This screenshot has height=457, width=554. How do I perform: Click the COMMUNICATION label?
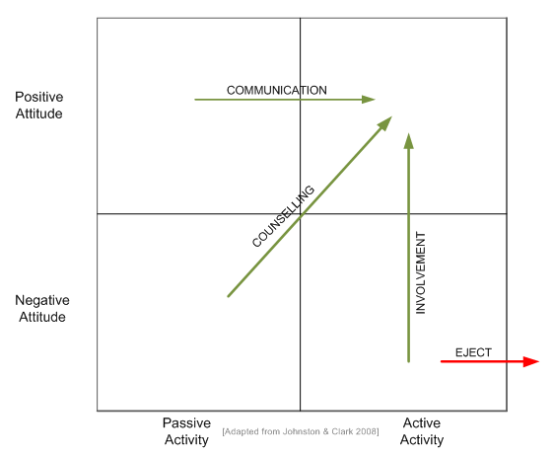coord(277,90)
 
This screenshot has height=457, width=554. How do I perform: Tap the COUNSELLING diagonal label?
coord(283,216)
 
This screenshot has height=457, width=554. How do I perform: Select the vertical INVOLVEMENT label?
coord(421,272)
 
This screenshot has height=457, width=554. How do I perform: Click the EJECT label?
coord(473,352)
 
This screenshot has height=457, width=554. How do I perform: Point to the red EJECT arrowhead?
coord(530,361)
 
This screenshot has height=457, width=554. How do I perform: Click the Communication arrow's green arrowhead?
coord(368,100)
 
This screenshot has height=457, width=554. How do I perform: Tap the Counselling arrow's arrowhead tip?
coord(391,116)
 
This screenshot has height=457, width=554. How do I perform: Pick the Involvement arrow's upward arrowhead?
coord(409,141)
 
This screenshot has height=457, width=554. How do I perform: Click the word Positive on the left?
coord(38,97)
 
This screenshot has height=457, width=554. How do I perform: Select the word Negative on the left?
coord(42,300)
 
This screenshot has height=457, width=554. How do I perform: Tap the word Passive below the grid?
coord(186,422)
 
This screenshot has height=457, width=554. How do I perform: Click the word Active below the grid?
coord(422,422)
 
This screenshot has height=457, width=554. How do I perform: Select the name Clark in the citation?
coord(342,431)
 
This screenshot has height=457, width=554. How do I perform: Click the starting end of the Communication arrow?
coord(195,100)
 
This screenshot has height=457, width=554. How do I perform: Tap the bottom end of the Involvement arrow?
coord(409,361)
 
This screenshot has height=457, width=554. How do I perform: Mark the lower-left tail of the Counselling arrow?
coord(229,296)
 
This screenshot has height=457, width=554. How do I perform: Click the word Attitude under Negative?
coord(42,317)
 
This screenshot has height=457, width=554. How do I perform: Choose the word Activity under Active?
coord(422,439)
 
